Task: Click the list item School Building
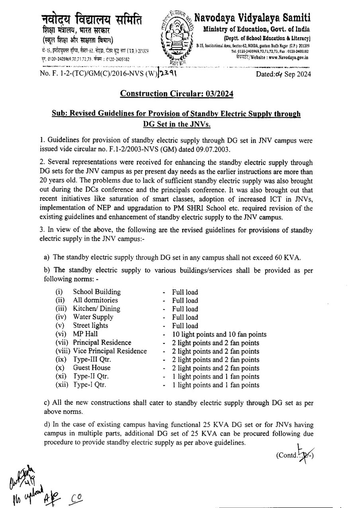click(x=97, y=292)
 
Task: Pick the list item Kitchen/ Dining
click(x=96, y=309)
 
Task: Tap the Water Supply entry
click(x=93, y=317)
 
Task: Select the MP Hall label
click(x=85, y=334)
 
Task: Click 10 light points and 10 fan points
click(x=219, y=334)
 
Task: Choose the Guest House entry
click(x=92, y=368)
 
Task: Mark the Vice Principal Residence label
click(x=110, y=351)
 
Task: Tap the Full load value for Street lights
click(x=185, y=326)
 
